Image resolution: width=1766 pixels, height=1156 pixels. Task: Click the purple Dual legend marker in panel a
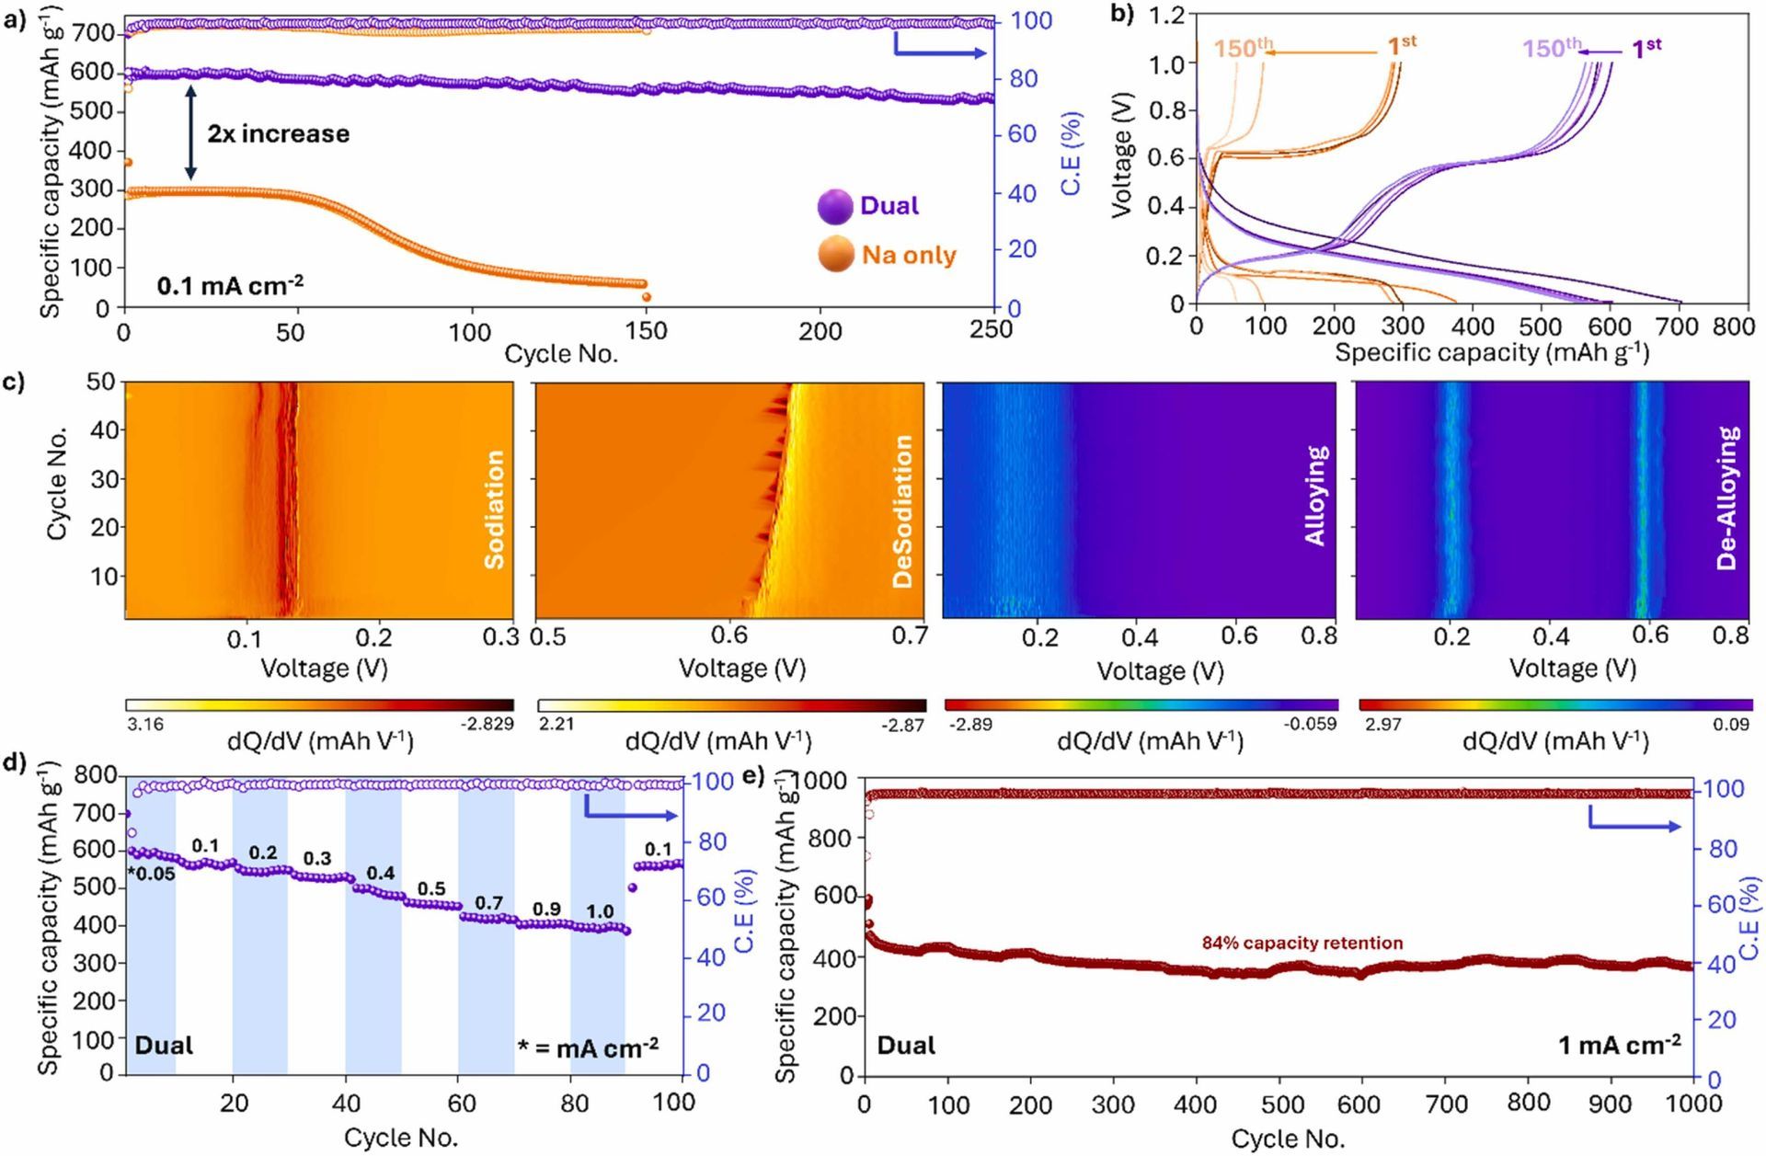point(835,206)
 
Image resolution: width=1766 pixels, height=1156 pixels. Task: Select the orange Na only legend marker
point(835,254)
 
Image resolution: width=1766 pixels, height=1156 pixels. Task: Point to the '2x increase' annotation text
point(278,134)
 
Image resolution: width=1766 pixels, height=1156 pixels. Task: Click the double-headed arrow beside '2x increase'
point(190,133)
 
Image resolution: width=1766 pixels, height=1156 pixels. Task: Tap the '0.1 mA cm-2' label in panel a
point(230,286)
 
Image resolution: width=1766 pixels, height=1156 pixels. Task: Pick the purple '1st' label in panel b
point(1646,48)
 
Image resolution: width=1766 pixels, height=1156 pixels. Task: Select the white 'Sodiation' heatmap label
point(494,509)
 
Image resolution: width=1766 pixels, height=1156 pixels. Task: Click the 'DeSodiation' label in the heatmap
point(902,511)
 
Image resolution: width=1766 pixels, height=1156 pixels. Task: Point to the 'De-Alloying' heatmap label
point(1727,498)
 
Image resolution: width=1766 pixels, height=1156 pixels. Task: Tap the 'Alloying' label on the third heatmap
point(1316,495)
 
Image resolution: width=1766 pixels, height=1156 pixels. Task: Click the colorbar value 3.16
point(145,724)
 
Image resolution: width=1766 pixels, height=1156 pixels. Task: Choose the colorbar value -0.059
point(1311,724)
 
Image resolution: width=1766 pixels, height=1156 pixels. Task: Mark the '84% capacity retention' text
point(1302,943)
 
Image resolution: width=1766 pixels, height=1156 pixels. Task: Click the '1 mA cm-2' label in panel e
point(1619,1045)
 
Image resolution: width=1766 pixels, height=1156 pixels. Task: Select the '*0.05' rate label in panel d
point(152,874)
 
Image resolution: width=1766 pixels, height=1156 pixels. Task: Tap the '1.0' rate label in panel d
point(600,911)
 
